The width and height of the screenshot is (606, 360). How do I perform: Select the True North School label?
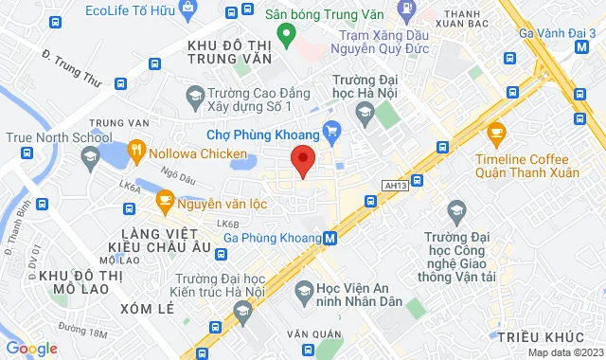45,137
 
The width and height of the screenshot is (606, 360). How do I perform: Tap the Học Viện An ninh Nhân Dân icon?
304,289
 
